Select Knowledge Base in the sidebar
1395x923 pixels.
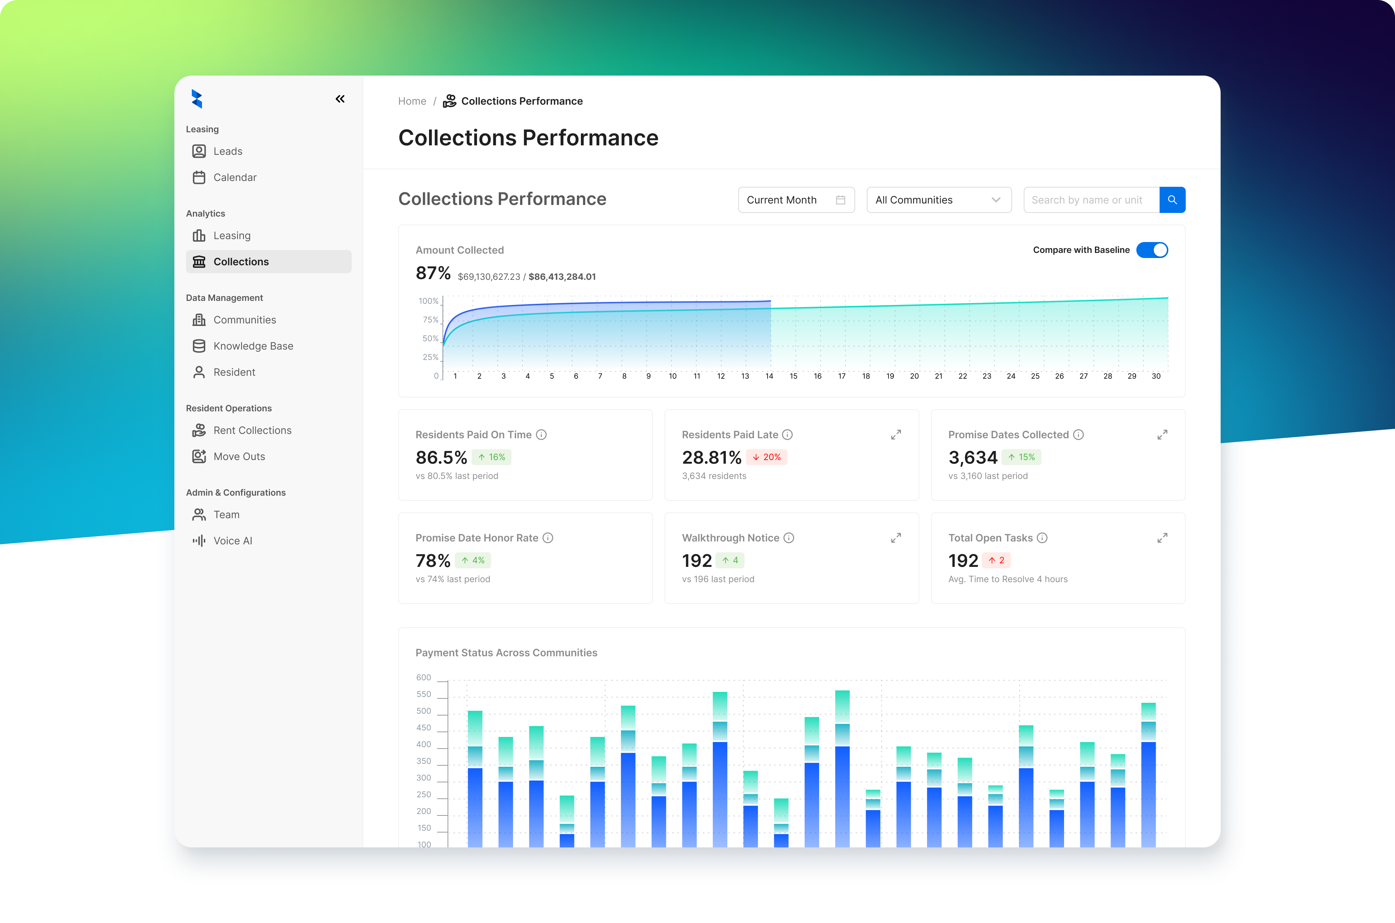[253, 346]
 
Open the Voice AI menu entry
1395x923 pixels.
[232, 541]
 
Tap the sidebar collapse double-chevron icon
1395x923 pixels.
[340, 99]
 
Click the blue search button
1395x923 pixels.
[1172, 200]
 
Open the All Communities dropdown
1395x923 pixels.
[938, 200]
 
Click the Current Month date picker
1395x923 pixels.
[796, 200]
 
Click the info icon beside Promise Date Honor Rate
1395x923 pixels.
[548, 538]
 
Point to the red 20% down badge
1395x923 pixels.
[767, 458]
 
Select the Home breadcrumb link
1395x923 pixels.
[412, 101]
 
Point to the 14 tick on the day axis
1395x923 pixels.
[769, 376]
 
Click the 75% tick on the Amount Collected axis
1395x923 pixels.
[430, 320]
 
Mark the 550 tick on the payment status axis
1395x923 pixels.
[424, 694]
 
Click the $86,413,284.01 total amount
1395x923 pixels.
[562, 277]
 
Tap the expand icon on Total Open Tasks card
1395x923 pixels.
[1162, 538]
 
